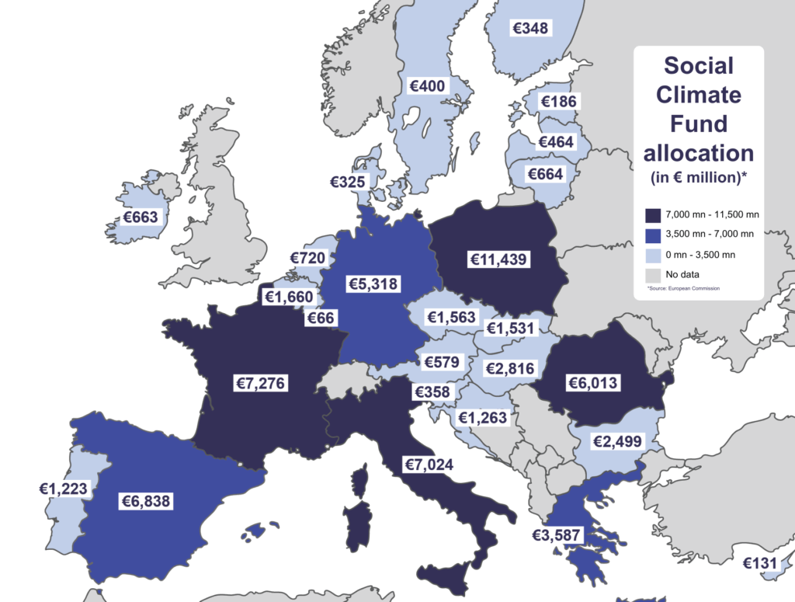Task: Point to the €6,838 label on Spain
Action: [x=145, y=501]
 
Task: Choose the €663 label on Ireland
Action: [x=141, y=217]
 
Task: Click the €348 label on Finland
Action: [x=531, y=28]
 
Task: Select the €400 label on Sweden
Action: [x=428, y=85]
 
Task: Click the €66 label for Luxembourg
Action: [x=321, y=318]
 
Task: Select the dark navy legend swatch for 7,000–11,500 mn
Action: [x=653, y=214]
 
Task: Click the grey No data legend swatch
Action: [x=653, y=273]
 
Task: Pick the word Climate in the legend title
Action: [x=699, y=96]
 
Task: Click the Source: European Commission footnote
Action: [x=683, y=289]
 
